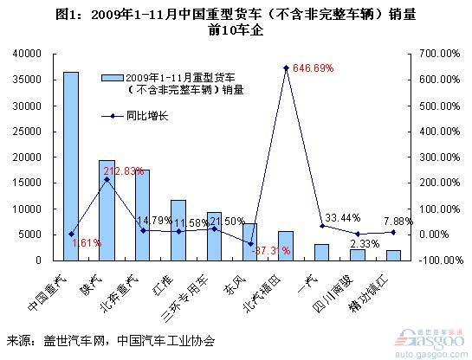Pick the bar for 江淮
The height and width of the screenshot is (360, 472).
tap(178, 230)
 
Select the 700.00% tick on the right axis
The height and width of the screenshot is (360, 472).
tap(438, 54)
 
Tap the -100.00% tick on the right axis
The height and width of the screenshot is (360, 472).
tap(436, 260)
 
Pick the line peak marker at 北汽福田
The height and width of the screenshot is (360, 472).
tap(286, 67)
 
